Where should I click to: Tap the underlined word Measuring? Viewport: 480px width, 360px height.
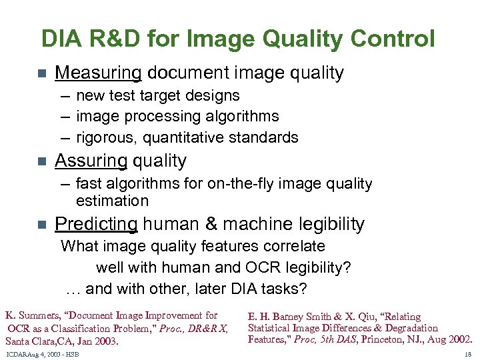pos(98,73)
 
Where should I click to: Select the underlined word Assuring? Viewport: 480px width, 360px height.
pos(91,161)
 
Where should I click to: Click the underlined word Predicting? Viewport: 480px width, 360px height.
pos(96,224)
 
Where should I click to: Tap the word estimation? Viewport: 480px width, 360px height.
pos(112,201)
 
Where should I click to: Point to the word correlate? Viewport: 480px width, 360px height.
pos(291,246)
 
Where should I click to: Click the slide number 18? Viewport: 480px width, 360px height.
pos(468,353)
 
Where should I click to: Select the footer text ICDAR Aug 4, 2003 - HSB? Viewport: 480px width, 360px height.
pos(42,353)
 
